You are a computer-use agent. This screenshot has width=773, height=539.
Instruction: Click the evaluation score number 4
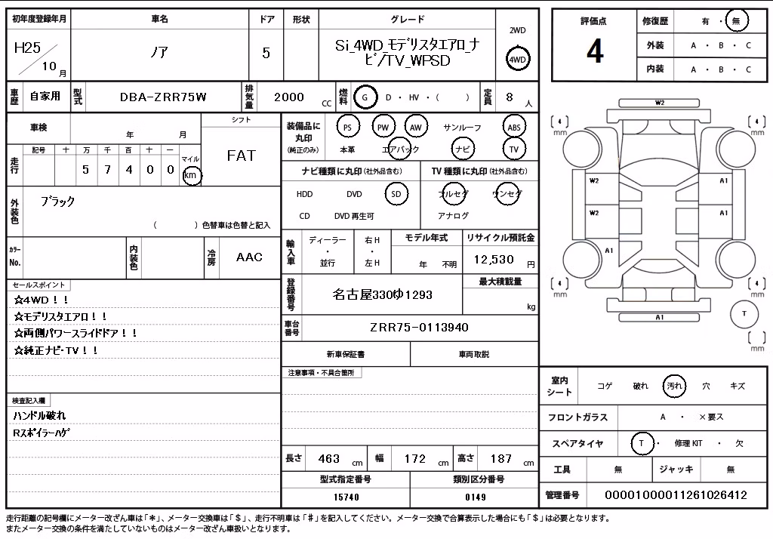tap(595, 51)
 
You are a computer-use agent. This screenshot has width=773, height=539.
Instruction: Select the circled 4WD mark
tap(517, 59)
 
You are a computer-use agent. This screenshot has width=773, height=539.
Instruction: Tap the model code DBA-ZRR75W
tap(163, 97)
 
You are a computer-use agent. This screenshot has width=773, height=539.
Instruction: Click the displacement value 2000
tap(289, 97)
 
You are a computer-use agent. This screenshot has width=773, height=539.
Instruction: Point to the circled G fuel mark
tap(365, 97)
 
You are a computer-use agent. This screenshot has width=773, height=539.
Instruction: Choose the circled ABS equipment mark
tap(513, 128)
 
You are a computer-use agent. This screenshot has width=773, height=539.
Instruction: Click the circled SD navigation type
tap(396, 194)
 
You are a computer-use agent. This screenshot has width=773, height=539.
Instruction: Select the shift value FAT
tap(241, 156)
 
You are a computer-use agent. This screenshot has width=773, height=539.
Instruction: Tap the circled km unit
tap(191, 176)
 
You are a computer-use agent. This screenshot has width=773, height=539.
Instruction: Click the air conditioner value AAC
tap(249, 257)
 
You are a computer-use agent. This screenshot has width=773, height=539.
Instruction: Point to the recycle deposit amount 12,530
tap(494, 260)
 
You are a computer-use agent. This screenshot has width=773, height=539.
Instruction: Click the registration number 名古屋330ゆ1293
tap(382, 295)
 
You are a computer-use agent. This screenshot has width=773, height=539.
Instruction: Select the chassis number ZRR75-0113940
tap(419, 328)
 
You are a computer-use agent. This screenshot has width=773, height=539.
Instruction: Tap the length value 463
tap(329, 459)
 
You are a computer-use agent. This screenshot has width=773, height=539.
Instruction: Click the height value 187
tap(501, 459)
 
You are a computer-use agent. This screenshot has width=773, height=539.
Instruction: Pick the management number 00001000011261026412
tap(676, 495)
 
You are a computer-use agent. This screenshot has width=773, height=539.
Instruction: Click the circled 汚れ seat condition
tap(674, 386)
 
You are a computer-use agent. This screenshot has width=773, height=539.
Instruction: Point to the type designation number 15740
tap(346, 497)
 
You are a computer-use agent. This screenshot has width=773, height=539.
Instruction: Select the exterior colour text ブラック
tap(57, 202)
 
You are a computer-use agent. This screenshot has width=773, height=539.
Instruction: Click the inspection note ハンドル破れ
tap(39, 416)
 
